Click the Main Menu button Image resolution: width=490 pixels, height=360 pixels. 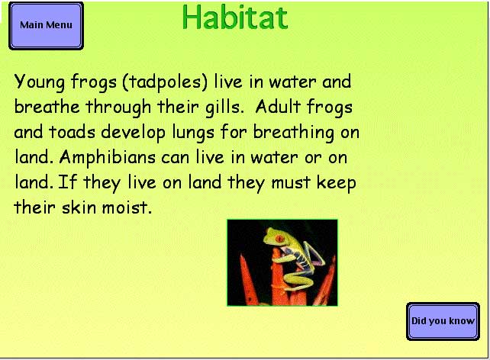click(x=47, y=26)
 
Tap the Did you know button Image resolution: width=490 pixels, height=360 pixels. click(x=443, y=321)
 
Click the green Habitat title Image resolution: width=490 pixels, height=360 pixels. click(x=234, y=17)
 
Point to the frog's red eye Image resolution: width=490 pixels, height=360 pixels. click(x=279, y=239)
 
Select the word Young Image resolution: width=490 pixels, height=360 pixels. click(x=40, y=82)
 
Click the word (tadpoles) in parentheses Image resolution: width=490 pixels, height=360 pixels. click(x=165, y=82)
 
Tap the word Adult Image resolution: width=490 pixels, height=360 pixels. click(x=278, y=106)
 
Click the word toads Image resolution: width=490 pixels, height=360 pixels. click(x=72, y=131)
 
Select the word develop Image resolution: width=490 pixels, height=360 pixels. click(x=133, y=133)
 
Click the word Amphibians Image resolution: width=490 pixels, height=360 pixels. click(x=107, y=158)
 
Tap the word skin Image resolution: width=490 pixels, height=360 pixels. click(x=79, y=207)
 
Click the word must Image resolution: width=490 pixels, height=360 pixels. click(x=291, y=182)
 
